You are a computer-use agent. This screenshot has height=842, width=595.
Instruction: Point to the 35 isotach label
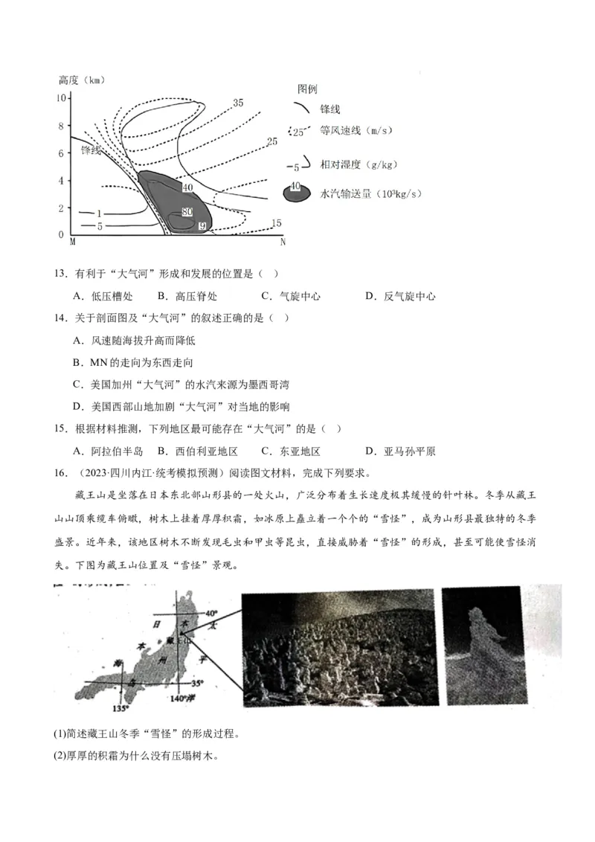coord(238,103)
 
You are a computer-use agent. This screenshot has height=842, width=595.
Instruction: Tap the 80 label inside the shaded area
coord(187,212)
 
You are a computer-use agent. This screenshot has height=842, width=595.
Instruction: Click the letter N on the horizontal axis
coord(283,242)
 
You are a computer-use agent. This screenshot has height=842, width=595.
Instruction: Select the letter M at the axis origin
coord(72,242)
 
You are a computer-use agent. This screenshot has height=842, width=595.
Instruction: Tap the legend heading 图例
coord(307,89)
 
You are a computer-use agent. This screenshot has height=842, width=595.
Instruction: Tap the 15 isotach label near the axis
coord(276,223)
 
